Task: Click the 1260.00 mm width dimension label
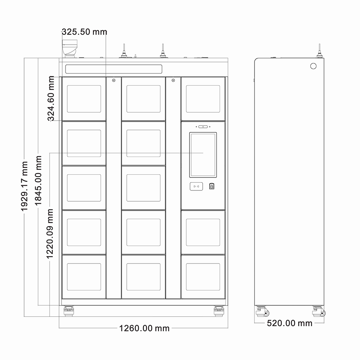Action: click(144, 328)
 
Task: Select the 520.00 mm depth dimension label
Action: click(289, 323)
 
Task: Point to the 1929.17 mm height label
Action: click(24, 186)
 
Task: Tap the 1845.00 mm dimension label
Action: click(38, 180)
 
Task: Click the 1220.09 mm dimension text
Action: click(50, 234)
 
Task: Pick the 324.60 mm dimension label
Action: click(51, 99)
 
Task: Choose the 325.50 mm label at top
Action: click(85, 32)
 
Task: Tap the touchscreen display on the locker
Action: click(203, 155)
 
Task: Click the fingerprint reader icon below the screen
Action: click(212, 186)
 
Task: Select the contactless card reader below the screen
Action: click(196, 186)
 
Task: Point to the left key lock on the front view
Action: click(114, 80)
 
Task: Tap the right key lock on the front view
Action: click(174, 80)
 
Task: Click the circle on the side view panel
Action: click(313, 66)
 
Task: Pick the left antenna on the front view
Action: click(124, 51)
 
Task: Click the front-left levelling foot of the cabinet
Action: click(69, 311)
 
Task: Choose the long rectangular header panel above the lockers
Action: click(114, 69)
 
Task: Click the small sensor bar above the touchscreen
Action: click(203, 127)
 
